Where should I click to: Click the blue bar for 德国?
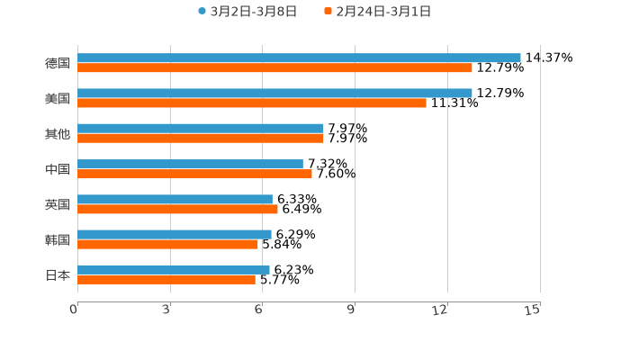(299, 58)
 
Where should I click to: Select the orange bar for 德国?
(274, 67)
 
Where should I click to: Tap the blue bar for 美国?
(274, 93)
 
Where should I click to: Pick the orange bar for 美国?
(252, 103)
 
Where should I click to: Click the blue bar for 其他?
(201, 129)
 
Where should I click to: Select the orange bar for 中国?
(194, 174)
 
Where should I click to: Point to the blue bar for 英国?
(175, 199)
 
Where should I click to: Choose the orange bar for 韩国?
(167, 244)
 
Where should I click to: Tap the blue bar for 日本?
(174, 269)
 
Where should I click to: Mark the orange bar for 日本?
(166, 279)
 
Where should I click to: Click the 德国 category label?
(58, 63)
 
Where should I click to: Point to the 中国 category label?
(58, 169)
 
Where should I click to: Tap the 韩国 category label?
(58, 239)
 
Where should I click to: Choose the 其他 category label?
(58, 133)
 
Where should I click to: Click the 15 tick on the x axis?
(533, 310)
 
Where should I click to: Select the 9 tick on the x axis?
(351, 310)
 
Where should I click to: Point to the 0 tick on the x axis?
(74, 310)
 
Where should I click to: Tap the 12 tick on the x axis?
(440, 310)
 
